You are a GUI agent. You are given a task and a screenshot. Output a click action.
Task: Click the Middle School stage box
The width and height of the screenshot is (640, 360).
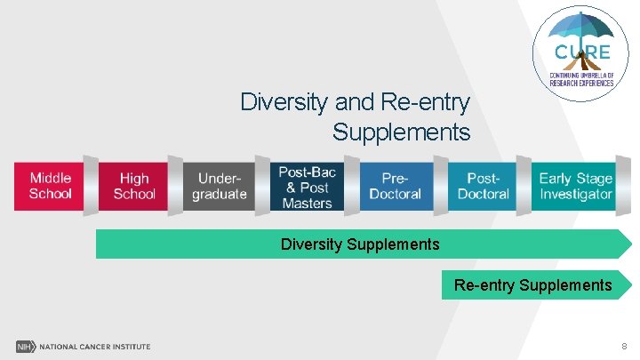(50, 186)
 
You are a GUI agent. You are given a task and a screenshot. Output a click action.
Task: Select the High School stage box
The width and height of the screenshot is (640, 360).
(134, 186)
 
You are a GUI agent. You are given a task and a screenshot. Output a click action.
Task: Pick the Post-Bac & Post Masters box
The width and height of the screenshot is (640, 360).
(307, 187)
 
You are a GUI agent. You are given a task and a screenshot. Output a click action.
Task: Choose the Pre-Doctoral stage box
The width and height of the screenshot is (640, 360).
(395, 186)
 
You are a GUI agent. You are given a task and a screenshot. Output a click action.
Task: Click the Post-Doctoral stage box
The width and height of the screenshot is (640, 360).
(483, 186)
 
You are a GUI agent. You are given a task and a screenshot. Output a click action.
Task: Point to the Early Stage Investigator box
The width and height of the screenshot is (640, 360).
(575, 186)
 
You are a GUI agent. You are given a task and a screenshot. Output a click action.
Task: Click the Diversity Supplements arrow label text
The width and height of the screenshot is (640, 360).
(360, 244)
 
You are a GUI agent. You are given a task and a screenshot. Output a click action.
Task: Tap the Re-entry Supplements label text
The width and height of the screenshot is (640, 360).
(532, 285)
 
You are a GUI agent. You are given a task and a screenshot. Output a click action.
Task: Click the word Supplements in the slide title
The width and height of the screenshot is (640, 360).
(401, 132)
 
